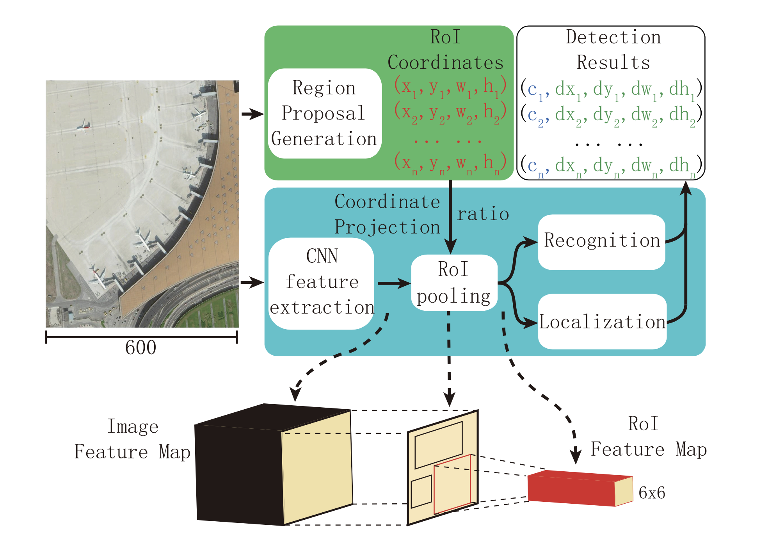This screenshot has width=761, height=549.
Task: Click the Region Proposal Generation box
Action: tap(324, 113)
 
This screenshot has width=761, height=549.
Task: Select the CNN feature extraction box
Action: tap(321, 283)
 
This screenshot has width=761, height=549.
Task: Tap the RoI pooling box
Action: tap(454, 283)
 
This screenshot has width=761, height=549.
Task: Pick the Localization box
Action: tap(602, 322)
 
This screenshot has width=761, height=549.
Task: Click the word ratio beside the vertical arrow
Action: tap(483, 214)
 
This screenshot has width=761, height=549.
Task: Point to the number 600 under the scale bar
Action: tap(140, 348)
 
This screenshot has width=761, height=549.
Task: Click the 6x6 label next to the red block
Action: tap(651, 493)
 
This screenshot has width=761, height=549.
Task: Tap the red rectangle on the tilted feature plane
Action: tap(453, 484)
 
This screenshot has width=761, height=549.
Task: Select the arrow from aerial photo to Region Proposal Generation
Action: tap(252, 114)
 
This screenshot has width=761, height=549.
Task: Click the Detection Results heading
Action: tap(613, 50)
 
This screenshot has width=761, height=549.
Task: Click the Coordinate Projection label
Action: tap(387, 214)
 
